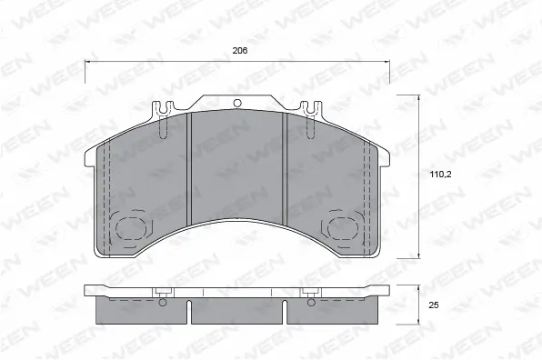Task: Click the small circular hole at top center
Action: coord(238,103)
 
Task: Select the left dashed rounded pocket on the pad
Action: coord(133,228)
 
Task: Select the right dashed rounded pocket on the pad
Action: coord(344,228)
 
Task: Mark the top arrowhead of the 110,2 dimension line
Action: coord(419,97)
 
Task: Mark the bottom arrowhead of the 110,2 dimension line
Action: coord(419,255)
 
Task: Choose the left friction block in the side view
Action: coord(142,310)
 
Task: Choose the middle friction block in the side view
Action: coord(238,310)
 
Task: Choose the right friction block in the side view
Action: coord(334,310)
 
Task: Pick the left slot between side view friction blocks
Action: coord(189,312)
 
